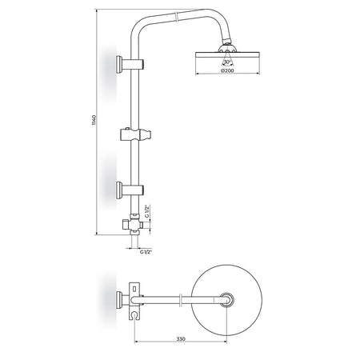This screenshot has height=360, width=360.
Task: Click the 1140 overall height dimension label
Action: click(94, 120)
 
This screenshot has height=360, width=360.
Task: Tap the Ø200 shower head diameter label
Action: click(227, 70)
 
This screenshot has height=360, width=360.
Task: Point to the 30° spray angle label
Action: click(227, 62)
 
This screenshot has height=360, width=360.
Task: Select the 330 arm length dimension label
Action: click(181, 339)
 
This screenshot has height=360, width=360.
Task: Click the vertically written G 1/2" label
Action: click(146, 211)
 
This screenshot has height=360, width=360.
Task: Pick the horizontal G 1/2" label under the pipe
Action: click(146, 252)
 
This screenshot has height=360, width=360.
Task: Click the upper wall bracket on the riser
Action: click(130, 64)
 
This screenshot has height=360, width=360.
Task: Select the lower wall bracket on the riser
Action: click(130, 190)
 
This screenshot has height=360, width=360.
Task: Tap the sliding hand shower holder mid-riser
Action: click(136, 134)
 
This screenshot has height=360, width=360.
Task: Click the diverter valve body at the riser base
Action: click(134, 225)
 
